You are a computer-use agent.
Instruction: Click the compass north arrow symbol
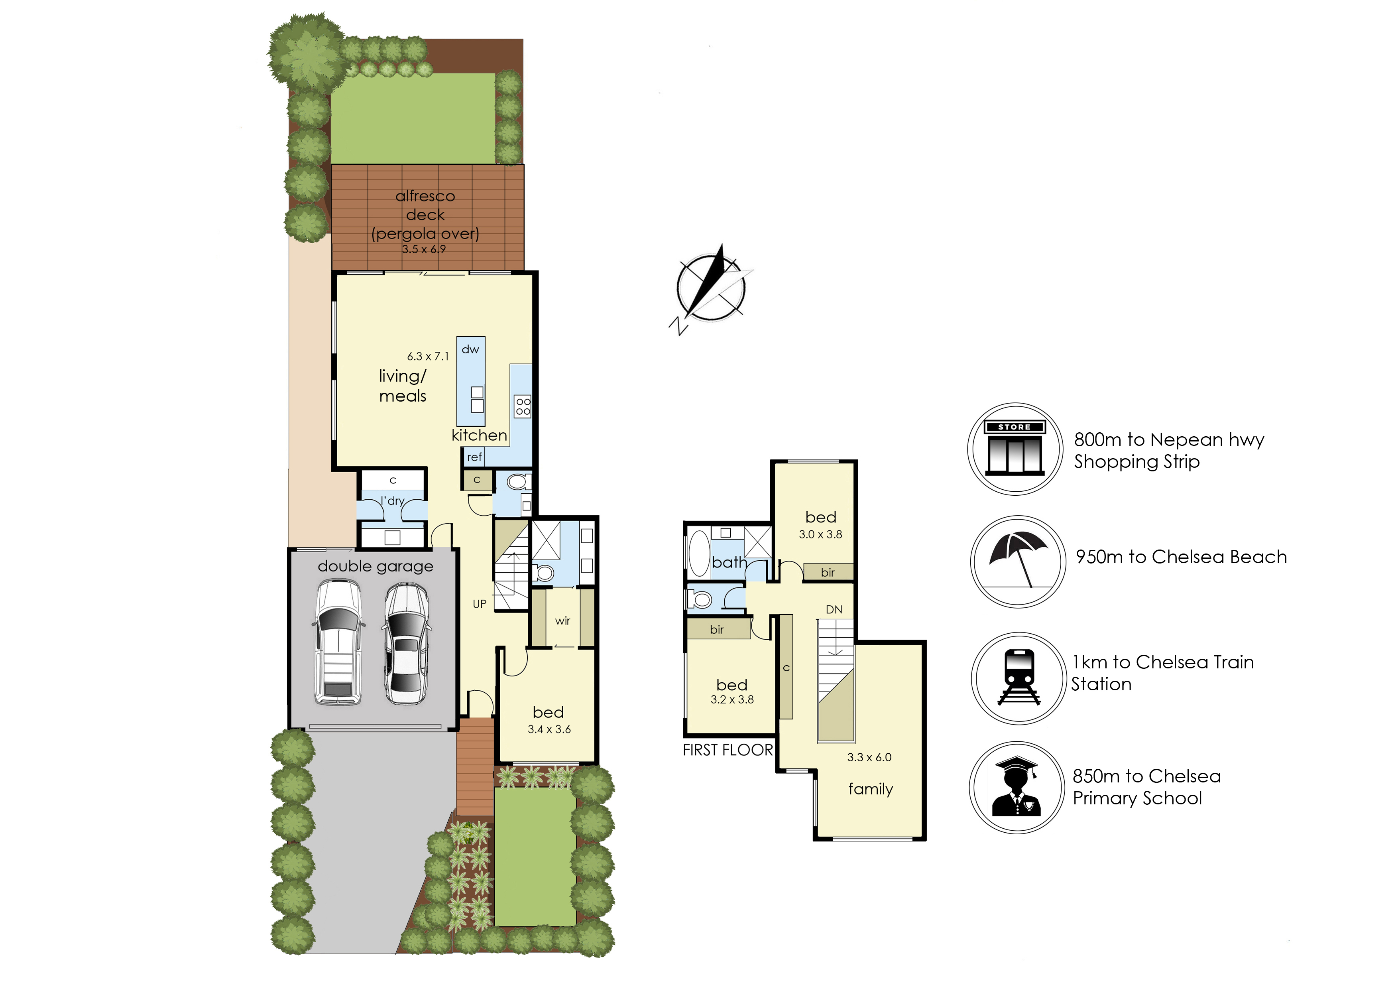tap(711, 288)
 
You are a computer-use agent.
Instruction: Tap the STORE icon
tap(1015, 448)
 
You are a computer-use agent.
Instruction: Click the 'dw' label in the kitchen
tap(470, 350)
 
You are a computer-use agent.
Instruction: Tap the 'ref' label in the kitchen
tap(474, 457)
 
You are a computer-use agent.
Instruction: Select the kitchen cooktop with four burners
tap(523, 406)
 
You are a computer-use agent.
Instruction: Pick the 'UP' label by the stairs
tap(480, 604)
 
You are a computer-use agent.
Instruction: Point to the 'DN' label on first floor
tap(834, 610)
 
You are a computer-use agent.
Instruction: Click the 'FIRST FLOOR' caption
tap(728, 750)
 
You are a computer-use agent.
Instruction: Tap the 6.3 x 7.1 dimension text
tap(428, 356)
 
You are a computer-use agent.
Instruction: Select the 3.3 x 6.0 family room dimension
tap(869, 758)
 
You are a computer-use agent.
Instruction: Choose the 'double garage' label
tap(376, 566)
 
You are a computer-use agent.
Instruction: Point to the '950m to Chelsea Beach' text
tap(1181, 557)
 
